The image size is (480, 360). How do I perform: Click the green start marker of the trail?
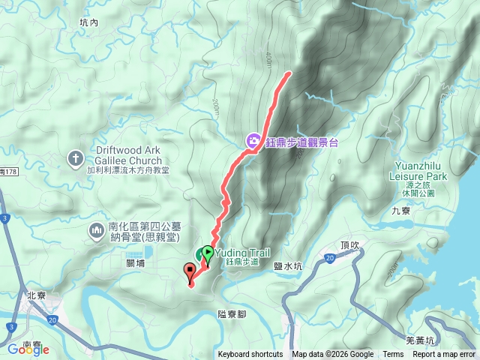pos(208,253)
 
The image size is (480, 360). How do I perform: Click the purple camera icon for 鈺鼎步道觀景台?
pos(253,140)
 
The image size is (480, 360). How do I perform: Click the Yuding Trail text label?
pos(243,253)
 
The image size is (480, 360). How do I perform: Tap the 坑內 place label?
pos(88,22)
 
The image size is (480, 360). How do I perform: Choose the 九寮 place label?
pos(401,211)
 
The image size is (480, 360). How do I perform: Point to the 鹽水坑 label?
pos(288,265)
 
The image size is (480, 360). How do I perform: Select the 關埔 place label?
pos(136,263)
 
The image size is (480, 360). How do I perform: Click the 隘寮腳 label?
pos(232,314)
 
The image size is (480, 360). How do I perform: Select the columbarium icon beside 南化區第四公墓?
pos(96,229)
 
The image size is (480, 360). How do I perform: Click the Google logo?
pos(28,349)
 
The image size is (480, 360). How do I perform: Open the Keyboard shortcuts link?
pos(250,355)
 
